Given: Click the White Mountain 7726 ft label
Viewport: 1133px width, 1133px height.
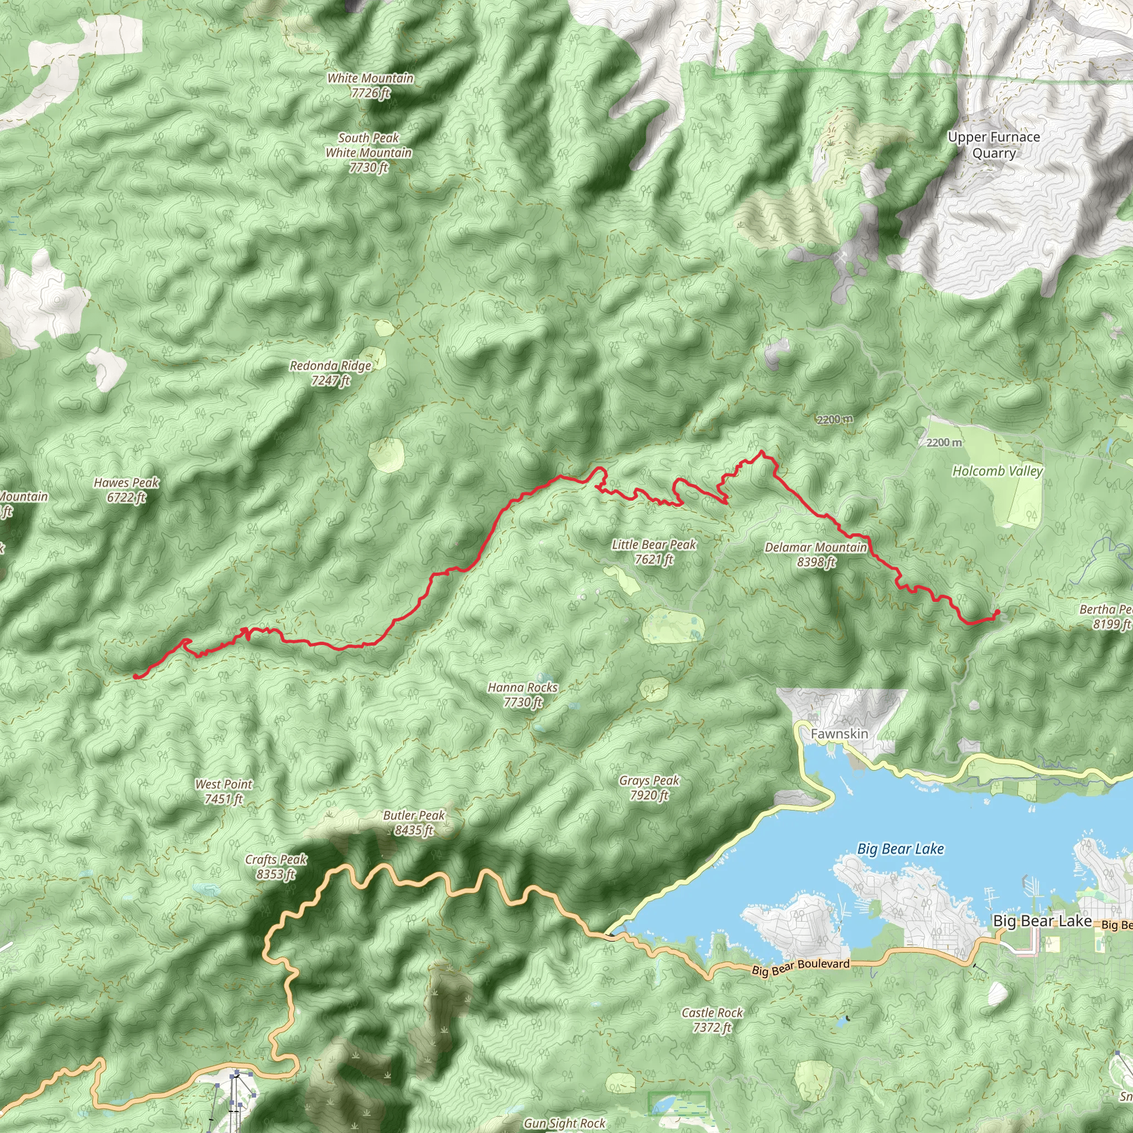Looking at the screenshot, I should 370,86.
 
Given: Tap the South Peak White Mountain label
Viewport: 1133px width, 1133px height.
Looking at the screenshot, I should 369,153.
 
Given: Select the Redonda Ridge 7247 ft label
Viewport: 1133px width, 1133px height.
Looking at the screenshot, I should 331,373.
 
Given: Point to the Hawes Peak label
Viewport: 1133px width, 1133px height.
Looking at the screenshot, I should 126,490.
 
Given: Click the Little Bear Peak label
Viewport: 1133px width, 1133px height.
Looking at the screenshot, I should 653,552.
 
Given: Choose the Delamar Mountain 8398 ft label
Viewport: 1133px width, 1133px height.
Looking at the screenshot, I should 816,555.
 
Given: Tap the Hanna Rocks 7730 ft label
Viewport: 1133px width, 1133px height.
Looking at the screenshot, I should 522,694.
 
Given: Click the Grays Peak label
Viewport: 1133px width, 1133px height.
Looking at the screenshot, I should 648,788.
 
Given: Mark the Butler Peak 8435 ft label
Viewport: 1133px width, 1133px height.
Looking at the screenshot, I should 413,822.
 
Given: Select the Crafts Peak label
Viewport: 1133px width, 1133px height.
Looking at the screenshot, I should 276,867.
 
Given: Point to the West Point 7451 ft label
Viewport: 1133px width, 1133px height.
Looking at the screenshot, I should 224,791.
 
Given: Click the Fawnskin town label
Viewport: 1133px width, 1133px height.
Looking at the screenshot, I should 839,734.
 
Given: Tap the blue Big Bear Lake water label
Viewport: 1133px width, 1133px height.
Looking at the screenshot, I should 900,849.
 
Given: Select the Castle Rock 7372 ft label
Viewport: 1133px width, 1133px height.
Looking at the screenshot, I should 712,1020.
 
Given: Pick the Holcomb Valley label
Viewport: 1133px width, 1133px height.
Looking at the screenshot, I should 997,471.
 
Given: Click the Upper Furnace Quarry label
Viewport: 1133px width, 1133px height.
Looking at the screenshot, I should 994,145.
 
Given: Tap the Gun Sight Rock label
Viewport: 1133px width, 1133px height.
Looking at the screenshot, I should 564,1123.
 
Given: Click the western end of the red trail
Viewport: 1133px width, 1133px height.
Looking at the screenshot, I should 136,677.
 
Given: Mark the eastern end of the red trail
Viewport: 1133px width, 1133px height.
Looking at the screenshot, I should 997,612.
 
